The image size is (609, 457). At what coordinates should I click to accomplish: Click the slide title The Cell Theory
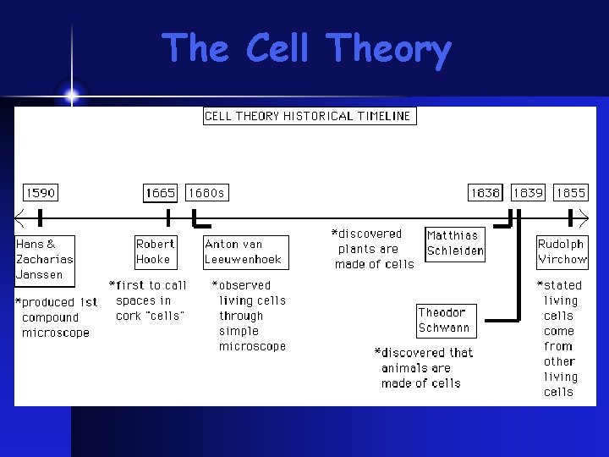[305, 49]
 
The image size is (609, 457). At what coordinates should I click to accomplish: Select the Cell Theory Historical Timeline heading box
[310, 116]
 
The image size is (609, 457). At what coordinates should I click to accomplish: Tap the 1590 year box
[40, 193]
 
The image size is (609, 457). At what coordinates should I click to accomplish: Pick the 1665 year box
[161, 193]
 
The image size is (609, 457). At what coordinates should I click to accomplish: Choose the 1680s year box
[206, 193]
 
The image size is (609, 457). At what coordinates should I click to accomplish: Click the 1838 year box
[486, 193]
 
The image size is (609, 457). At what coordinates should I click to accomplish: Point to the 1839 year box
[528, 193]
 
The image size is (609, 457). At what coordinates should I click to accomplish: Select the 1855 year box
[570, 193]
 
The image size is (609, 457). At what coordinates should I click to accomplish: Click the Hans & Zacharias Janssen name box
[45, 260]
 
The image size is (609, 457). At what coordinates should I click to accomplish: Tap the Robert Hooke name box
[156, 252]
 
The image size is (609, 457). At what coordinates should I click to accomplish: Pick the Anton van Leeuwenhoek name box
[245, 252]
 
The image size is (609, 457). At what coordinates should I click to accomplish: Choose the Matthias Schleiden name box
[455, 243]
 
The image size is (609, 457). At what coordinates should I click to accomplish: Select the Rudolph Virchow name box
[562, 252]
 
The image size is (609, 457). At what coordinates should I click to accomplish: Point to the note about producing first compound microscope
[57, 317]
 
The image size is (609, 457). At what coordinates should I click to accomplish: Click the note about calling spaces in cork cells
[149, 300]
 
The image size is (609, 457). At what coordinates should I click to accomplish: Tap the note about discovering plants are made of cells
[374, 249]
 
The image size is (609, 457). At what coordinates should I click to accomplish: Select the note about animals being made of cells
[424, 368]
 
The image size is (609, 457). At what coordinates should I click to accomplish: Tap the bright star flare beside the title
[71, 96]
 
